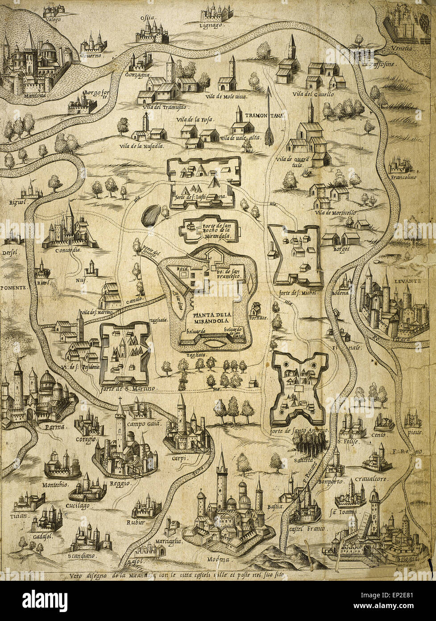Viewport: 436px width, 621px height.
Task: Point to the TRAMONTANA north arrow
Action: click(x=268, y=116)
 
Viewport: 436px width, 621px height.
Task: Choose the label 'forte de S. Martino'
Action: click(x=131, y=389)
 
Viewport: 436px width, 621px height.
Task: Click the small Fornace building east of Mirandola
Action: click(x=256, y=308)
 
